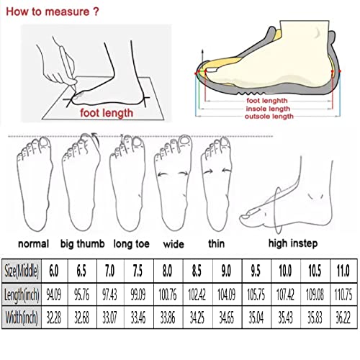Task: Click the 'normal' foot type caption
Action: [x=33, y=243]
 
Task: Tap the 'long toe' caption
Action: [x=127, y=243]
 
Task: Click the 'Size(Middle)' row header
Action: [x=22, y=272]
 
